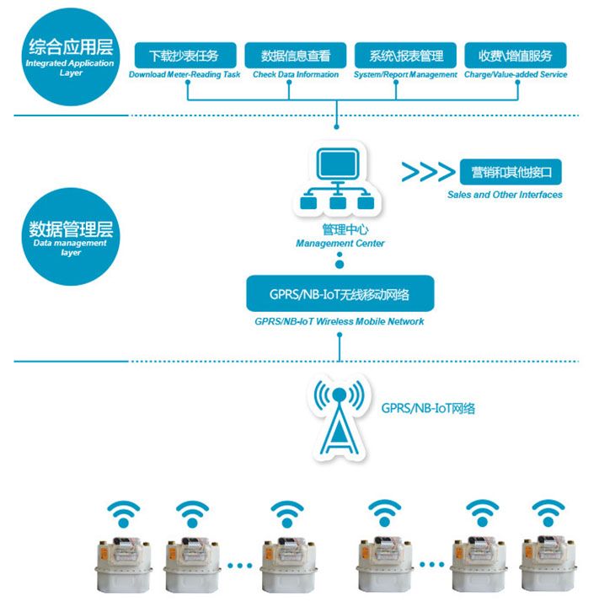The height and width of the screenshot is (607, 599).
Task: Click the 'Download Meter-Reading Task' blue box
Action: (184, 56)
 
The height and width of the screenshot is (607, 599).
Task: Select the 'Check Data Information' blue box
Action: (296, 56)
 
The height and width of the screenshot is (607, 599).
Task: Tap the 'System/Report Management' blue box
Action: (405, 56)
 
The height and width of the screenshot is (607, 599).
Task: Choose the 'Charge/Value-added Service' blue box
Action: (515, 56)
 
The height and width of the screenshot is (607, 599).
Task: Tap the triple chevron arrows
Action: (427, 172)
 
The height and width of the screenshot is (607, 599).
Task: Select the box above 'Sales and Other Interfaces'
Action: (511, 172)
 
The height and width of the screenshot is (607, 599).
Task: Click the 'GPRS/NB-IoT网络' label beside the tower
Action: (429, 408)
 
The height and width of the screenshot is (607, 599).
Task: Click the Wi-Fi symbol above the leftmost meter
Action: (125, 511)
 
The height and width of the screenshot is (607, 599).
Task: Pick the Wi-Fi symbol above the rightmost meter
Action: (548, 511)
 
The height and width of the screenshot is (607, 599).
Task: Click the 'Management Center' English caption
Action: (340, 244)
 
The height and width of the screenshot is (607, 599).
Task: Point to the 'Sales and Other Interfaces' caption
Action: (505, 195)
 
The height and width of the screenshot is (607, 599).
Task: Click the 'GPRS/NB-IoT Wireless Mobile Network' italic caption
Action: (340, 321)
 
